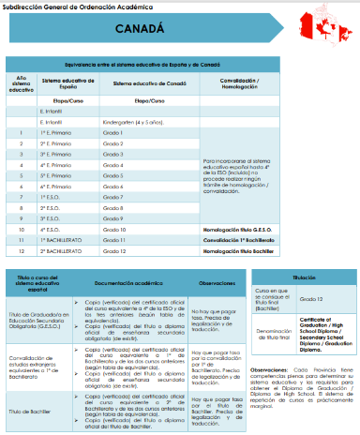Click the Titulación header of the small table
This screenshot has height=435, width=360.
pyautogui.click(x=300, y=277)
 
